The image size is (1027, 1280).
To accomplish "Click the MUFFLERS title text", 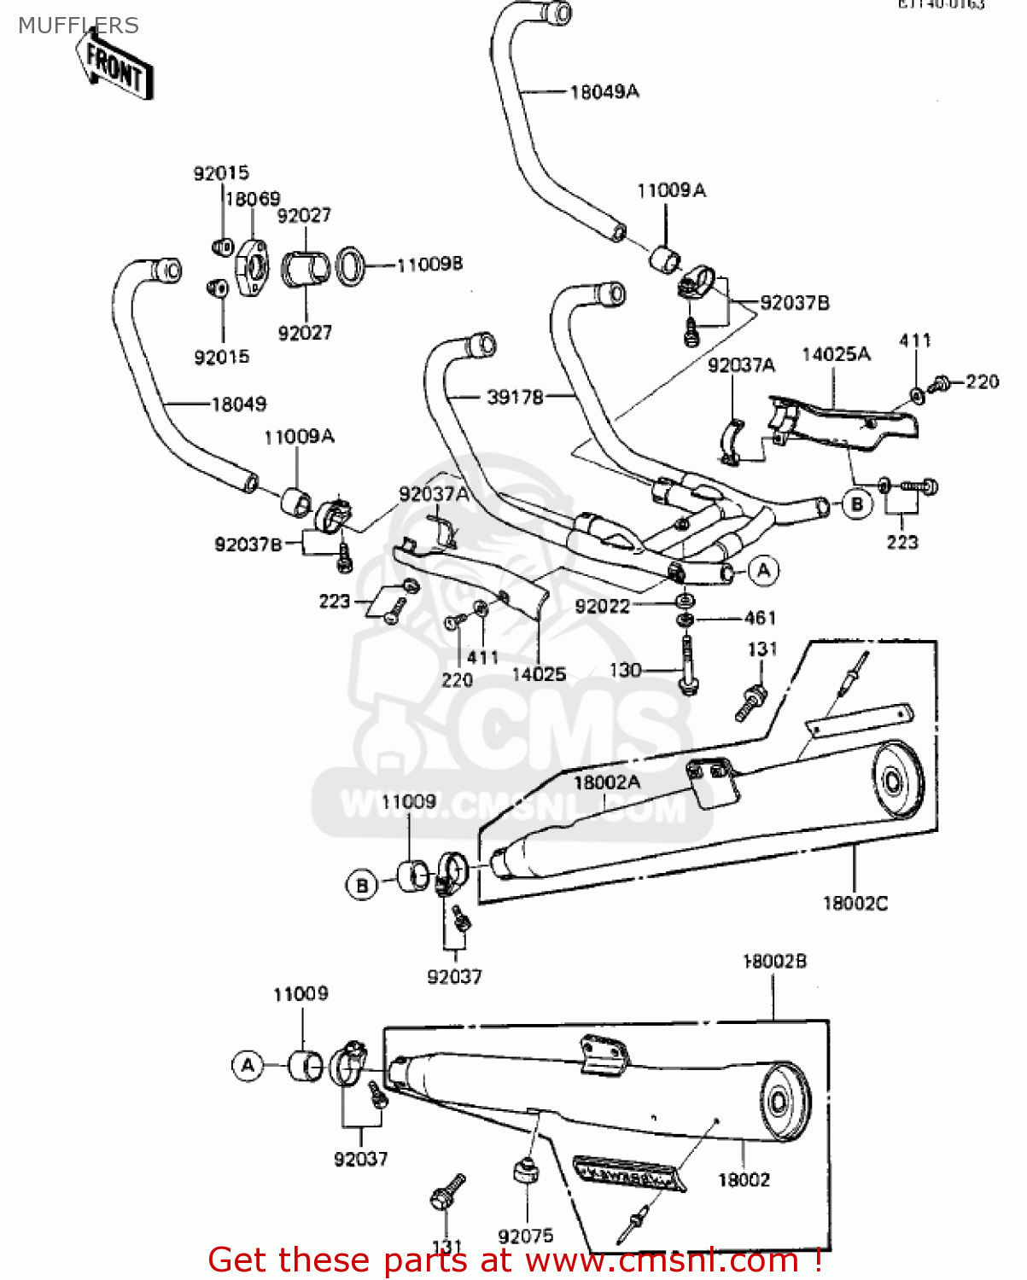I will pos(78,26).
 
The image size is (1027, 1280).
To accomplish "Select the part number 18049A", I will pos(604,91).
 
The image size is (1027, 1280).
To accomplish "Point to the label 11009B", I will pos(429,265).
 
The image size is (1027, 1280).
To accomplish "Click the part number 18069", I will pos(252,199).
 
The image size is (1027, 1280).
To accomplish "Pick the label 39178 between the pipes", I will pos(515,397).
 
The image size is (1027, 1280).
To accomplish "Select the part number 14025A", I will pos(835,354).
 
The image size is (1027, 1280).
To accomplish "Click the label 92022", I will pos(602,606).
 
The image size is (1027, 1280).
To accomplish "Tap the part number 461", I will pos(760,618).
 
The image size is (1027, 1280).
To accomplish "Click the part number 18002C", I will pos(855,903).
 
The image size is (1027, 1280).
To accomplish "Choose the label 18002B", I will pos(774,962).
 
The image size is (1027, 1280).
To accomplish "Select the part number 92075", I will pos(525,1236).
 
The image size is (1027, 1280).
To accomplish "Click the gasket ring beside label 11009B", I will pos(350,265).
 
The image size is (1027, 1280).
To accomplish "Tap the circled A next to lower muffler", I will pos(248,1066).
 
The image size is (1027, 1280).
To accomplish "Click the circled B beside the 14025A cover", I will pos(857,504).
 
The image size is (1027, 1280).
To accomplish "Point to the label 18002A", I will pos(606,783).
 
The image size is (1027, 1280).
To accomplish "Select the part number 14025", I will pos(539,674).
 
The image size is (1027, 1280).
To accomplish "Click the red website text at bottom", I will pos(515,1260).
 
